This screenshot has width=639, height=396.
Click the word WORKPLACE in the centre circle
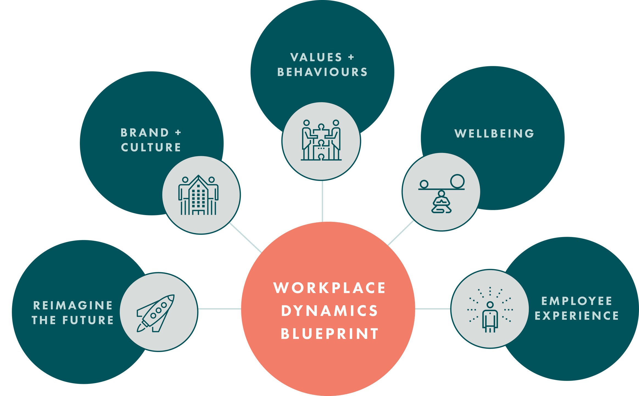pos(330,288)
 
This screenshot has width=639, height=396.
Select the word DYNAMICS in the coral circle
pos(330,311)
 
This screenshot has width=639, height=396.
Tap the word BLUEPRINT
pos(330,334)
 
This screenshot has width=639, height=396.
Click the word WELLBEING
pos(494,134)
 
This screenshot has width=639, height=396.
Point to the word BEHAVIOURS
pos(322,72)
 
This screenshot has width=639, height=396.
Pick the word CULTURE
pos(151,147)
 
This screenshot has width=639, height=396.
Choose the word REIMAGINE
pos(73,305)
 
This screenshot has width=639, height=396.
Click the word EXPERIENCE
pos(577,316)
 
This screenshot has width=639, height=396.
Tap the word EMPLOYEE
pos(577,301)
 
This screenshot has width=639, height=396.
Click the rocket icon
pos(156,313)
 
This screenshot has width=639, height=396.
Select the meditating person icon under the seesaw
pos(441,202)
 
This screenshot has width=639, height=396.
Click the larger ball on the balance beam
pos(457,181)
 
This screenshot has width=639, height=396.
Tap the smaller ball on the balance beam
pos(424,184)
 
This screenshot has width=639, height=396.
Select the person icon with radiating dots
pos(490,316)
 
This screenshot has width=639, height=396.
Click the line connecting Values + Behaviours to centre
pos(322,201)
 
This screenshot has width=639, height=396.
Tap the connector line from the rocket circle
pos(219,309)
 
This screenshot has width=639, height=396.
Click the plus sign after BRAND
pos(178,133)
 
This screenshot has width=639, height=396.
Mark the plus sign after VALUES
pos(351,57)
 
